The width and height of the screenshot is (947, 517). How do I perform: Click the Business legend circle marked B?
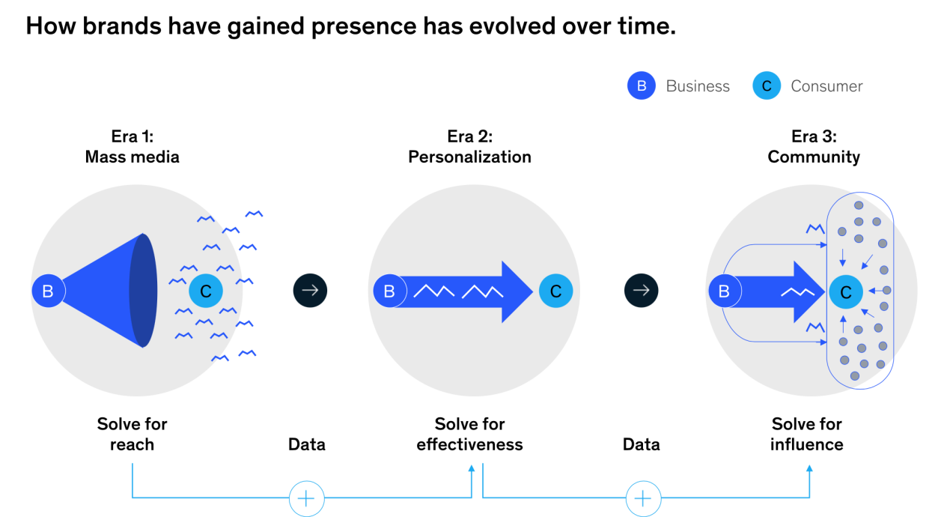(x=642, y=85)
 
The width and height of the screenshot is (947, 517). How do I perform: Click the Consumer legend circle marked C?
(x=767, y=85)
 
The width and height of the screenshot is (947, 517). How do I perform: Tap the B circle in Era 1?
(x=48, y=291)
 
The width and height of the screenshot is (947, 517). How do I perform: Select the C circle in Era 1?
(x=206, y=291)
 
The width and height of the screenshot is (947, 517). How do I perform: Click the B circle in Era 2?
(x=390, y=291)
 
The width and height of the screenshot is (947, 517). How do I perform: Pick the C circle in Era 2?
(x=556, y=291)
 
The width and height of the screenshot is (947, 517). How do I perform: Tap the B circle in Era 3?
(x=725, y=291)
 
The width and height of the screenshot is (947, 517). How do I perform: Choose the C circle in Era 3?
(x=846, y=291)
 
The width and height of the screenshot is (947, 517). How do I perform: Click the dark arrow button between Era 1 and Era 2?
(x=310, y=291)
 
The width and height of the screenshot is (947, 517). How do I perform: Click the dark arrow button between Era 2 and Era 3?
(x=641, y=291)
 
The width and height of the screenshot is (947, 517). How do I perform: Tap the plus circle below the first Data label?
(x=306, y=498)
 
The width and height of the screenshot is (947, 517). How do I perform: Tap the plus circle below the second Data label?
(x=643, y=498)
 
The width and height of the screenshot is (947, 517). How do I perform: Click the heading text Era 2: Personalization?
(x=469, y=147)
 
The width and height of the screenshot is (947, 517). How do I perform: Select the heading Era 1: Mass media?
(x=133, y=147)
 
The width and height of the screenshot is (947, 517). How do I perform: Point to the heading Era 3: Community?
(x=814, y=147)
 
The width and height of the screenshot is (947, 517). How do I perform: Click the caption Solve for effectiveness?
(x=469, y=434)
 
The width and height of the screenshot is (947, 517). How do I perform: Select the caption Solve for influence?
(x=807, y=434)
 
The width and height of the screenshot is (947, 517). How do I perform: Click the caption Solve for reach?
(x=132, y=434)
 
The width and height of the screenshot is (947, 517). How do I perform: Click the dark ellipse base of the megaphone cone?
(x=143, y=291)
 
